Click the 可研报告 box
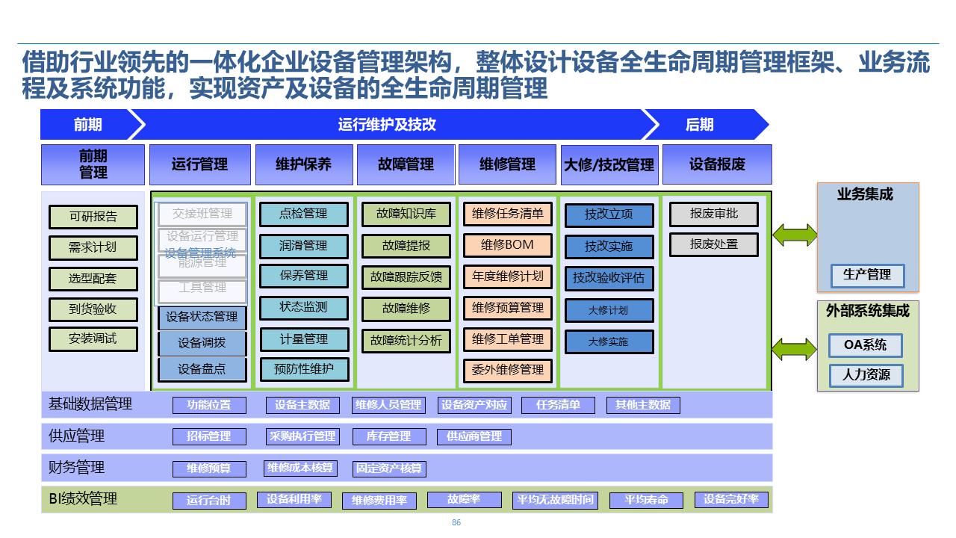(93, 217)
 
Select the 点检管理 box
(303, 214)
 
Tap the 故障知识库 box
(406, 214)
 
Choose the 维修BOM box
(508, 245)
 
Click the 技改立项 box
(609, 214)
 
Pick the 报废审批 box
(713, 214)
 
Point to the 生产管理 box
(867, 275)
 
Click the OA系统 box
(866, 345)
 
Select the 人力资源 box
(866, 375)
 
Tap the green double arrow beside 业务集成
(795, 235)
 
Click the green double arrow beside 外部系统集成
(795, 349)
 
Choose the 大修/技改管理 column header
(609, 164)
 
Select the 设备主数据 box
(302, 405)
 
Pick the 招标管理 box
(209, 436)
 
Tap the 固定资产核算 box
(388, 469)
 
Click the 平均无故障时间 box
(555, 500)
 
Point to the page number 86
(456, 523)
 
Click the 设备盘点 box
(202, 369)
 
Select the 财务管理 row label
(76, 468)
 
